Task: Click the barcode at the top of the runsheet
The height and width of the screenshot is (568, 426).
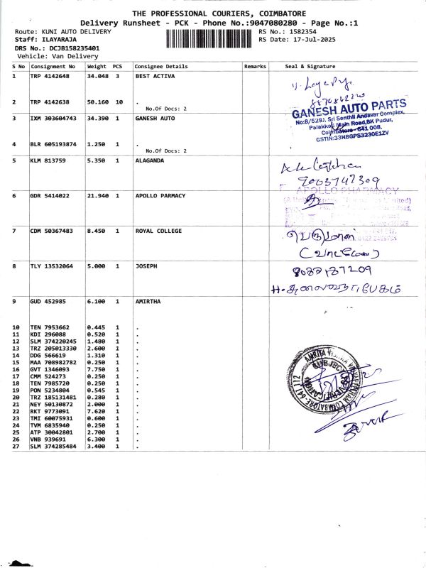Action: tap(210, 38)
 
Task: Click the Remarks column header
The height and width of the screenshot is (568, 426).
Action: tap(254, 66)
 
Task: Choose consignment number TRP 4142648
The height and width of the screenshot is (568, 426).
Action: tap(50, 75)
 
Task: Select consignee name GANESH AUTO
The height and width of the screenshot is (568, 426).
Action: tap(155, 117)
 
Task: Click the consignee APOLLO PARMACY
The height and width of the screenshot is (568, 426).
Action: tap(160, 195)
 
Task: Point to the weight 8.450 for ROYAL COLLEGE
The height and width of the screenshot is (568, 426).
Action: tap(96, 231)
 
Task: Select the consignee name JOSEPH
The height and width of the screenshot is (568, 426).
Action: tap(146, 266)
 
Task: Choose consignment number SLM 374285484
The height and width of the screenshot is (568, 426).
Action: tap(53, 446)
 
